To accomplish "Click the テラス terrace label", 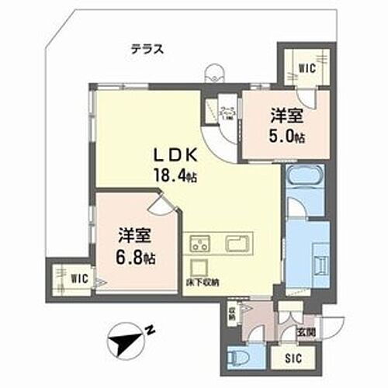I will pos(146,48).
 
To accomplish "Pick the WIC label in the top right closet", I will pos(307,68).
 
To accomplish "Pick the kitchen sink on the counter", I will pos(237,244).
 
